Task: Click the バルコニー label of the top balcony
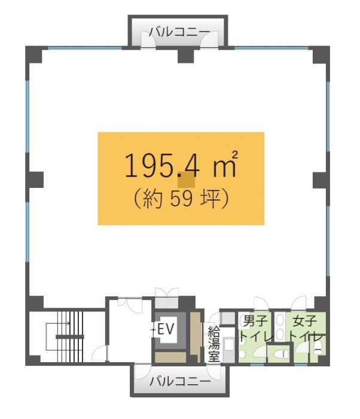point(179,32)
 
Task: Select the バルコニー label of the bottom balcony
point(180,381)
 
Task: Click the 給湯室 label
point(214,344)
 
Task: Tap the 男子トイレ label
point(255,329)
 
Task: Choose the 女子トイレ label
point(305,329)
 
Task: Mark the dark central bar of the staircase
point(70,336)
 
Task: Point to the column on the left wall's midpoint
point(35,180)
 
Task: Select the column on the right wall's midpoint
point(321,180)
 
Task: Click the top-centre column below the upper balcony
point(186,55)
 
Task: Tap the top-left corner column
point(34,54)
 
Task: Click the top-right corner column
point(321,54)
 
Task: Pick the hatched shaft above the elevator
point(167,302)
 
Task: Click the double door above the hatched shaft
point(167,292)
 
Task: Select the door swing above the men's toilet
point(261,303)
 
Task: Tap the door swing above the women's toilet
point(298,303)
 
